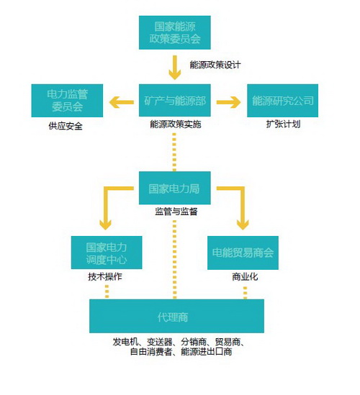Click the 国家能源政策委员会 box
click(175, 32)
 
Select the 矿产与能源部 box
click(175, 100)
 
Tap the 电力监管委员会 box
click(67, 101)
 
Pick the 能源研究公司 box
click(283, 101)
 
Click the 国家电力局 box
click(175, 188)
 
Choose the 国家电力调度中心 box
click(107, 253)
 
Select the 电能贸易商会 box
click(243, 253)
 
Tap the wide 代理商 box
click(176, 316)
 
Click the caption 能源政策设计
click(215, 65)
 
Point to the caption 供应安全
click(66, 126)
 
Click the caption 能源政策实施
click(176, 124)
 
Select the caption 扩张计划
click(284, 124)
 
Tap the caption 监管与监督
click(176, 212)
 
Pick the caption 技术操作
click(105, 276)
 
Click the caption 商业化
click(245, 277)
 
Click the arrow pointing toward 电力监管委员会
click(121, 102)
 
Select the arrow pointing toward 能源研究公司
click(229, 102)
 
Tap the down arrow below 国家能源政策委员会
click(175, 68)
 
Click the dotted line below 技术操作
click(107, 291)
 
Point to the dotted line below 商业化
click(245, 293)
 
